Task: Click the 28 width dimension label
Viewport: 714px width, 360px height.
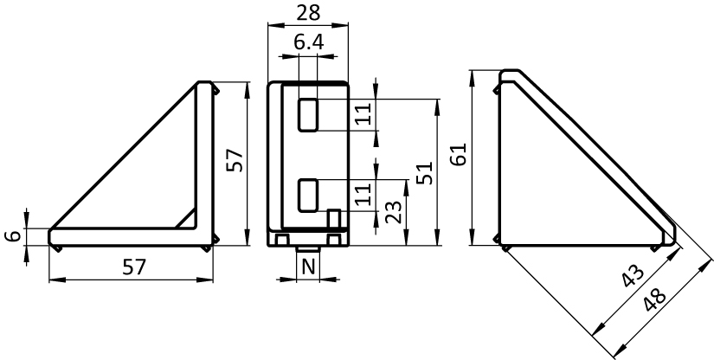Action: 308,13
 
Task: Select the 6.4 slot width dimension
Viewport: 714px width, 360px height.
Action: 309,42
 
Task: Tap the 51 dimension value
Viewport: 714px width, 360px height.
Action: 424,172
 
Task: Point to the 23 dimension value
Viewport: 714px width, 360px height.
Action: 393,212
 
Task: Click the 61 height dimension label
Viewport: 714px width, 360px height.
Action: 459,155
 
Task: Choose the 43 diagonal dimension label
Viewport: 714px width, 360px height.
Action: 633,276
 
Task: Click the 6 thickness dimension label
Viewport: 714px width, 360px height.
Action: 13,236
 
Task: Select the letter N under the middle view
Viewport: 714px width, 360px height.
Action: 309,267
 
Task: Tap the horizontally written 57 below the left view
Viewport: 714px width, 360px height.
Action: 134,267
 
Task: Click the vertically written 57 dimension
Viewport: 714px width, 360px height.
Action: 235,160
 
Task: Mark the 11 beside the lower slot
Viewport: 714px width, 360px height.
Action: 363,195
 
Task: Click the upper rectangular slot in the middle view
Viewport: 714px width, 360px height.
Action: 308,115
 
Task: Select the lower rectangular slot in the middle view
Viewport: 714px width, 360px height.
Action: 308,196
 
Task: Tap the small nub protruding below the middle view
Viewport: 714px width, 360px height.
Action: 308,249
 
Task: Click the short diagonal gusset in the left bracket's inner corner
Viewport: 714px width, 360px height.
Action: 186,218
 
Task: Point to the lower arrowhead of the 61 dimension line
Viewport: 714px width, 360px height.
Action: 473,240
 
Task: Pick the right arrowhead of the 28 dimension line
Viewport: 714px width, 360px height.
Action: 342,25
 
